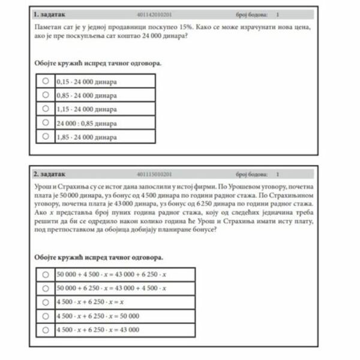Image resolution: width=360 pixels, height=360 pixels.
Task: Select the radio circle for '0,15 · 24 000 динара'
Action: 45,80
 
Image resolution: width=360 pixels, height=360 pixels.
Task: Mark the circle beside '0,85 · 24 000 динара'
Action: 45,94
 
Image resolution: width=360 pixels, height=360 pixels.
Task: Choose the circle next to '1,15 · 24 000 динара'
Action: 45,109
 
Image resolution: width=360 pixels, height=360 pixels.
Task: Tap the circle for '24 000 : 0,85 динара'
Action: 45,122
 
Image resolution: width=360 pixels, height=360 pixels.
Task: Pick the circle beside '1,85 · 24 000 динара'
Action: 45,137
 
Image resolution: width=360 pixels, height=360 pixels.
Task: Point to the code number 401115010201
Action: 154,174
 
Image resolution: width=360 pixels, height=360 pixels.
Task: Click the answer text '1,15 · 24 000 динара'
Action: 86,109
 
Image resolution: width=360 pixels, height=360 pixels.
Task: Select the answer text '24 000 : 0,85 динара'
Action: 86,123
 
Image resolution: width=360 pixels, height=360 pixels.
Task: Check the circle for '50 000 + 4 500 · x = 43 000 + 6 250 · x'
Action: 45,274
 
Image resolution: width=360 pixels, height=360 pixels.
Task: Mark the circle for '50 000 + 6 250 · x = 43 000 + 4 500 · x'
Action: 45,288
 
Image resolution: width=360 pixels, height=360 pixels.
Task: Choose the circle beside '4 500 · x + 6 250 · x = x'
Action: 45,302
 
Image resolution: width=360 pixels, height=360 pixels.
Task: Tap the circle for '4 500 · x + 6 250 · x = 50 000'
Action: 45,316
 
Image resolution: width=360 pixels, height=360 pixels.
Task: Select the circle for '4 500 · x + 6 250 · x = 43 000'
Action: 45,329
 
